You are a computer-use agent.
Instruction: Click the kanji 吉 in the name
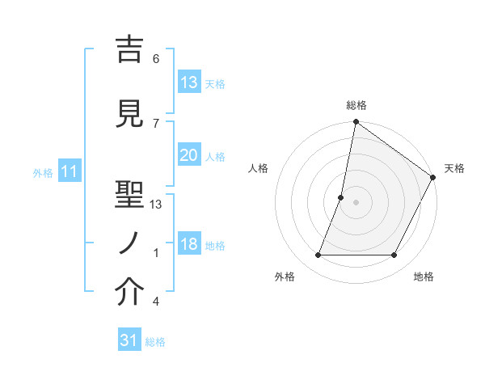(x=129, y=51)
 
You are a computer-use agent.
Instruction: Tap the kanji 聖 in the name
(x=129, y=192)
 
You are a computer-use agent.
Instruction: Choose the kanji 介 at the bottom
(x=129, y=293)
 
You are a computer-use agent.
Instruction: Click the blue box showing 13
(x=188, y=82)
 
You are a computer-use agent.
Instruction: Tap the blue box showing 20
(x=188, y=155)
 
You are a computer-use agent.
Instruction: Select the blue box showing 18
(x=188, y=245)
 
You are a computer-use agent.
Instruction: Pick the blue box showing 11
(x=69, y=171)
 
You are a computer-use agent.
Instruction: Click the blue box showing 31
(x=129, y=340)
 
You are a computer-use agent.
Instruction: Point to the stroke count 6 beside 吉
(x=156, y=58)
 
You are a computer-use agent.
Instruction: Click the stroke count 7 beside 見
(x=156, y=123)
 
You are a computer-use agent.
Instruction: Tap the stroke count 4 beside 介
(x=156, y=302)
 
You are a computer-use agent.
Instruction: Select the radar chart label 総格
(x=356, y=105)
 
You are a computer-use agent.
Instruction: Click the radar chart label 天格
(x=454, y=168)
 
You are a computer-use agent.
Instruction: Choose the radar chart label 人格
(x=259, y=168)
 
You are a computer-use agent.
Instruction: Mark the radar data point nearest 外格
(x=318, y=255)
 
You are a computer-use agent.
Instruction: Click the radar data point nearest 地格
(x=394, y=255)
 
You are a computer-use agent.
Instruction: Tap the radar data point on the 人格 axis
(x=341, y=197)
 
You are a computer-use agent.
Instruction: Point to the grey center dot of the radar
(x=356, y=202)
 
